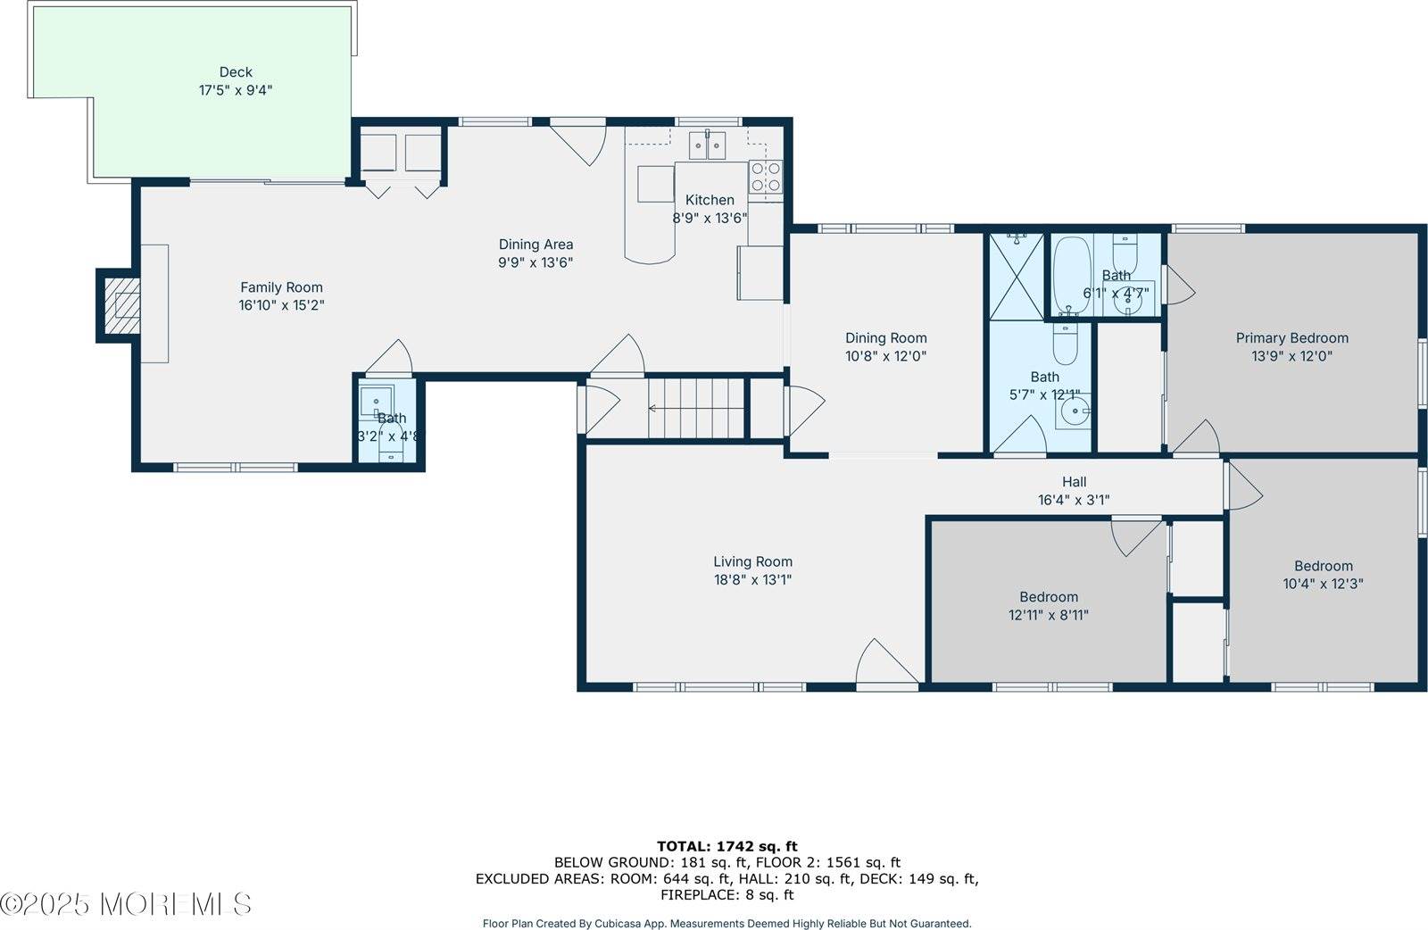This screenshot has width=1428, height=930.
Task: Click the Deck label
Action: click(236, 72)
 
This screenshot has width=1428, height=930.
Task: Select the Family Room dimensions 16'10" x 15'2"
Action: click(281, 305)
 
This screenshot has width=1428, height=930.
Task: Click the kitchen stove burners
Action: click(765, 177)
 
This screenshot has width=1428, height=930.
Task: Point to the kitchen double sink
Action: click(708, 145)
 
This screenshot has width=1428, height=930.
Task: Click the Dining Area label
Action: click(535, 245)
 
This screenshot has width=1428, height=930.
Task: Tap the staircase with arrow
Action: click(696, 408)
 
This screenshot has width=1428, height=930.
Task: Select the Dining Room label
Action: click(885, 337)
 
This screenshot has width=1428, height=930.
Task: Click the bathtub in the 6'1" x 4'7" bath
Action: click(1067, 272)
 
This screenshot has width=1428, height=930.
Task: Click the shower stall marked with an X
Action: click(1016, 275)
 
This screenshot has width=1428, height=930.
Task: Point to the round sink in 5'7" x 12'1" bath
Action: click(1075, 412)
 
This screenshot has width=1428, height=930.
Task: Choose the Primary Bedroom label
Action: click(1291, 337)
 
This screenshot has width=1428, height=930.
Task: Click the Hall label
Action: click(1074, 482)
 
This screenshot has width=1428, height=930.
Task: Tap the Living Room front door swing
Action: click(884, 665)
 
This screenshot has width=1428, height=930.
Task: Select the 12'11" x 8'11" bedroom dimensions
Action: click(1049, 615)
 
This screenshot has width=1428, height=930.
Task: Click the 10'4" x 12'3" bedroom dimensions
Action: click(1323, 584)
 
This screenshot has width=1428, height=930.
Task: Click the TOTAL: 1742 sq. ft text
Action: click(726, 846)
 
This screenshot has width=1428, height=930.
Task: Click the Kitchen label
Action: click(710, 200)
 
